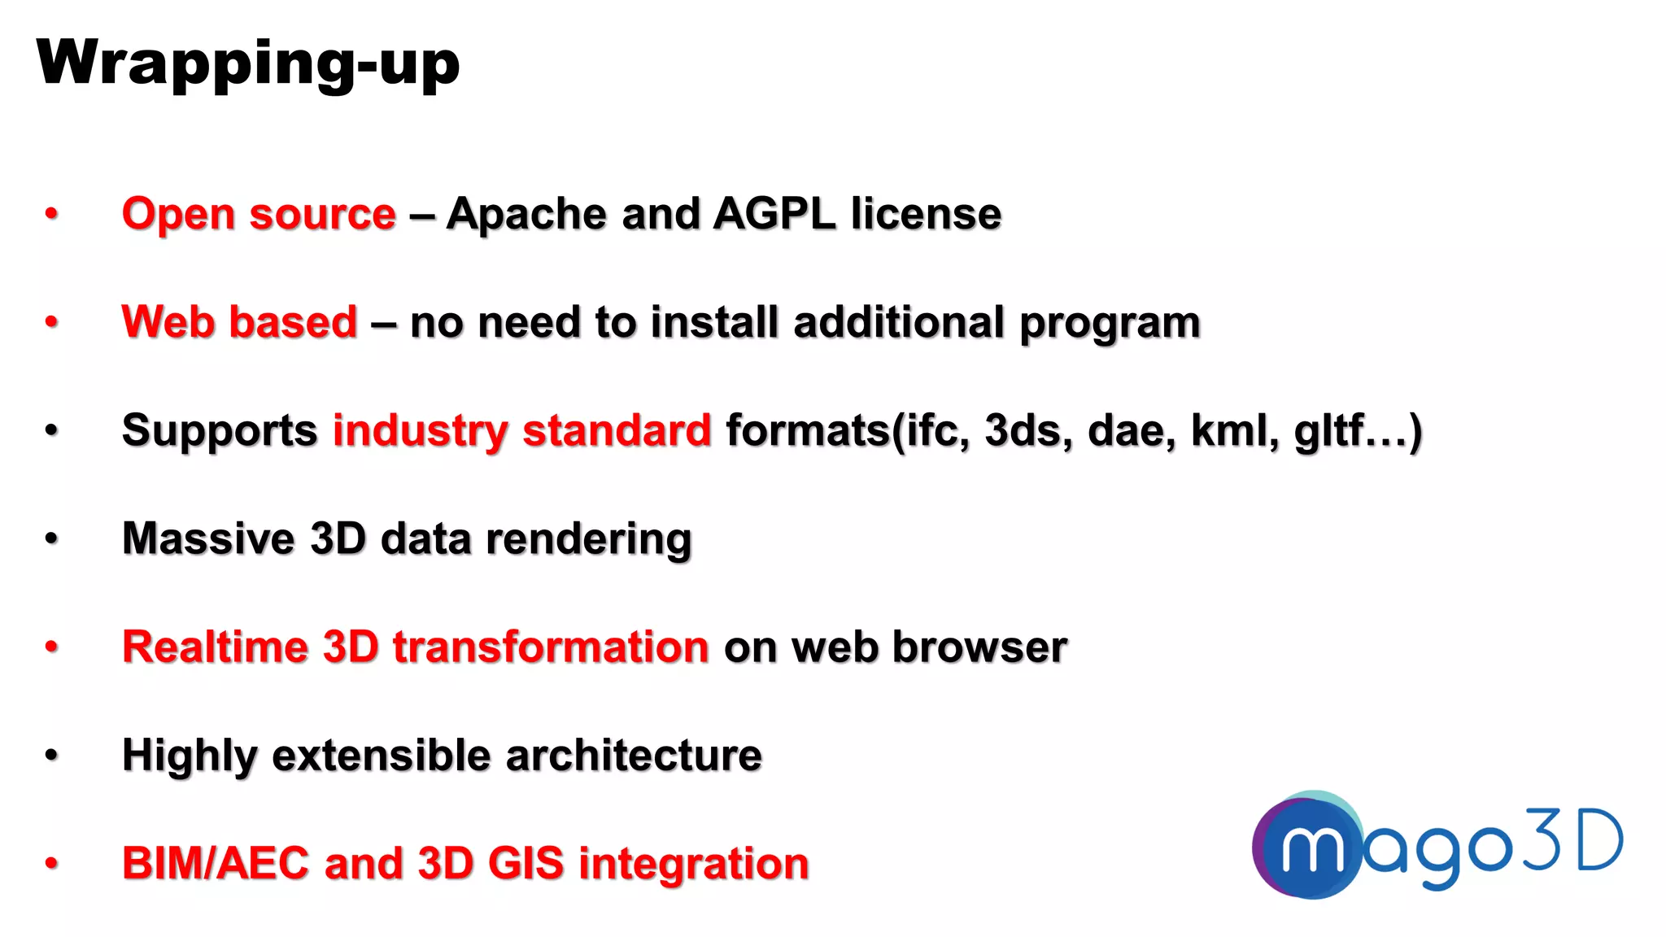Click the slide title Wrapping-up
click(x=247, y=63)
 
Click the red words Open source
click(x=259, y=214)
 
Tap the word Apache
click(x=526, y=214)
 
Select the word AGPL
click(x=774, y=214)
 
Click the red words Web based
click(x=239, y=322)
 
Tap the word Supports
click(x=219, y=431)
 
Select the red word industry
click(x=420, y=431)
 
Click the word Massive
click(x=208, y=538)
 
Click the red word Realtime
click(x=215, y=647)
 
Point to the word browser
click(x=979, y=647)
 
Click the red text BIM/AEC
click(x=215, y=863)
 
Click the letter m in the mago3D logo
click(x=1311, y=848)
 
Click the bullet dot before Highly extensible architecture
click(x=51, y=756)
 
